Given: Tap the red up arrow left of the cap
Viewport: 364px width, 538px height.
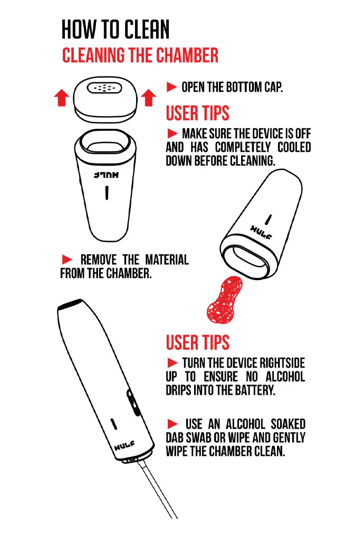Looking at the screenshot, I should coord(62,97).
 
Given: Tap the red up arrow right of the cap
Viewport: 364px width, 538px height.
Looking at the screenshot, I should coord(149,97).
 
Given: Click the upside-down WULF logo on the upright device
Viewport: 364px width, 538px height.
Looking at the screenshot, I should coord(107,175).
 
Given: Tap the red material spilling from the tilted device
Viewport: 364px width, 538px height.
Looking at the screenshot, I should coord(225,300).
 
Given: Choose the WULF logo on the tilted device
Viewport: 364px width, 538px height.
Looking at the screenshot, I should coord(260,232).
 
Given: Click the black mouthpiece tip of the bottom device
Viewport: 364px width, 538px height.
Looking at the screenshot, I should coord(70,304).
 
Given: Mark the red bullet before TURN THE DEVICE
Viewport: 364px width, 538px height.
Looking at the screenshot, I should coord(173,363).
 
